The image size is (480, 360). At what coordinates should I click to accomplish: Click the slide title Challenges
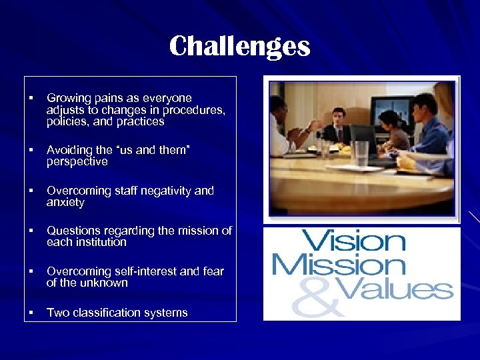pyautogui.click(x=239, y=47)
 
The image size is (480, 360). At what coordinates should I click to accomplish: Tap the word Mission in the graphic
pyautogui.click(x=338, y=265)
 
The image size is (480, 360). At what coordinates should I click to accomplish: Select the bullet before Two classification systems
pyautogui.click(x=31, y=313)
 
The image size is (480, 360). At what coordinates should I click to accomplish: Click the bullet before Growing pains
pyautogui.click(x=31, y=99)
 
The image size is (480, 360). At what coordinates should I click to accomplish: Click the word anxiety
pyautogui.click(x=65, y=202)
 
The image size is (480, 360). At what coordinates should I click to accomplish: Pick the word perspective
pyautogui.click(x=77, y=162)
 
